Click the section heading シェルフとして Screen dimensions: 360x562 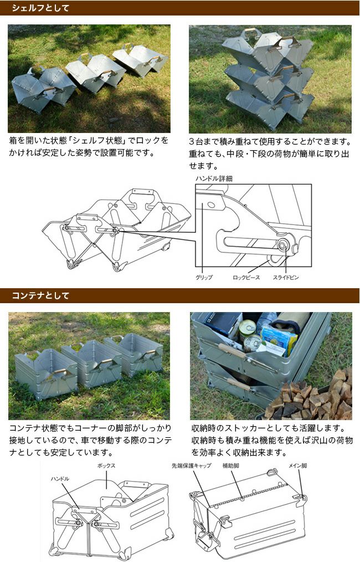(40, 8)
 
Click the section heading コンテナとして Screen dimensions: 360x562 (40, 296)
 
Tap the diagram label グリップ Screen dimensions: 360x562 (204, 278)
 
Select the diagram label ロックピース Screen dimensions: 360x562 (246, 278)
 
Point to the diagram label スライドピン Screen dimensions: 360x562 (285, 278)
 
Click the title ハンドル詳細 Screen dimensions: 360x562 (214, 178)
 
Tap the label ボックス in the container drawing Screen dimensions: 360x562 (106, 466)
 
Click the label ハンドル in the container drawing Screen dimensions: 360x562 (60, 478)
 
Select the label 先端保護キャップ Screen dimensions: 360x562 (191, 466)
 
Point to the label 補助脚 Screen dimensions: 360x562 (231, 466)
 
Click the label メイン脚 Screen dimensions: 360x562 (297, 466)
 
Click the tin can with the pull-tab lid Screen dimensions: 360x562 (248, 328)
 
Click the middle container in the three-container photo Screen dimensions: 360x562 (93, 364)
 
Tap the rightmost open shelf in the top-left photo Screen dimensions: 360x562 (140, 59)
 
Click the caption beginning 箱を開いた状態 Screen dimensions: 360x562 (89, 146)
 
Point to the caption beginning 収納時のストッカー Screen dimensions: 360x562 (272, 440)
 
